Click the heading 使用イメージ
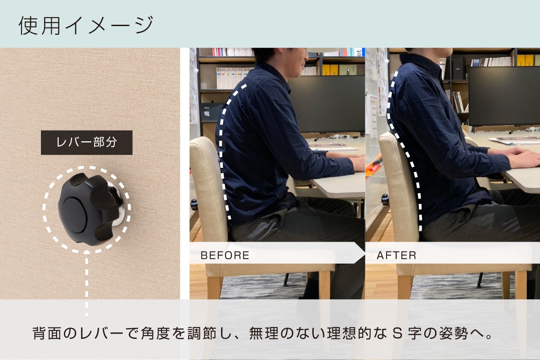86,25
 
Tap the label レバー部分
86,143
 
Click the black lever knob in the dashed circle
85,209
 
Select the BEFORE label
225,256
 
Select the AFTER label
396,256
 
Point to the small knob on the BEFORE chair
194,205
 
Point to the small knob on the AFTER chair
385,199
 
